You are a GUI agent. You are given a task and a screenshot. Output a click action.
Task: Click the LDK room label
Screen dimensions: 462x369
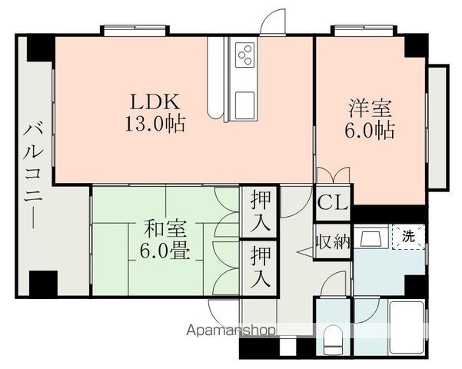(155, 102)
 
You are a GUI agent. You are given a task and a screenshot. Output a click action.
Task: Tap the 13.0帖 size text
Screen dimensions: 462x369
(155, 124)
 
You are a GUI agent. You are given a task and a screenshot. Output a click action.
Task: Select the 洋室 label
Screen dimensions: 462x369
(370, 108)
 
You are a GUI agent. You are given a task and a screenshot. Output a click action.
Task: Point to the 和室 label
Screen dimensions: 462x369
(165, 229)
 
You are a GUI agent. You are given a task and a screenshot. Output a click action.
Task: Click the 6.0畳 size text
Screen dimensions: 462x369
(165, 251)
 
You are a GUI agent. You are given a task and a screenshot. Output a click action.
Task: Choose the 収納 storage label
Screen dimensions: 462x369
(333, 242)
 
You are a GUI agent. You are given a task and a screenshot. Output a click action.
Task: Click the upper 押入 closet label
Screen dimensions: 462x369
(260, 211)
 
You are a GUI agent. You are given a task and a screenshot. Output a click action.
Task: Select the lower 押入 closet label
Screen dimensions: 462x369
(260, 268)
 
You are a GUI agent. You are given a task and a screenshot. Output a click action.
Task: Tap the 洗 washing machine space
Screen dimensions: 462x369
(409, 236)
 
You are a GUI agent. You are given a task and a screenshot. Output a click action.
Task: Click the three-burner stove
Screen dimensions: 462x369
(245, 55)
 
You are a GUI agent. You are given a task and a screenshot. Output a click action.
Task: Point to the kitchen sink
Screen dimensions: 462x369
(244, 105)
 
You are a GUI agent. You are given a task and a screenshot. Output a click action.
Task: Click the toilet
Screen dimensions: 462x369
(333, 341)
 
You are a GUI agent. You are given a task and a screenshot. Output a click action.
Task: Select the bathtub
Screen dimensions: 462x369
(407, 328)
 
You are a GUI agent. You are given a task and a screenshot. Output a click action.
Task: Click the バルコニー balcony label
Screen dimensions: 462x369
(33, 176)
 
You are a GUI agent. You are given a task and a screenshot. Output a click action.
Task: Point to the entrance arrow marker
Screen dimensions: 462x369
(305, 252)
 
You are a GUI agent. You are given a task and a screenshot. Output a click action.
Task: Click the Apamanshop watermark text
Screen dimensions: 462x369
(231, 331)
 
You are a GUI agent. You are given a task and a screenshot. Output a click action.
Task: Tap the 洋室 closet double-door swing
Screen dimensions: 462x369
(334, 175)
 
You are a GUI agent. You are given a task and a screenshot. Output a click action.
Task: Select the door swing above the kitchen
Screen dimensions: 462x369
(273, 22)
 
